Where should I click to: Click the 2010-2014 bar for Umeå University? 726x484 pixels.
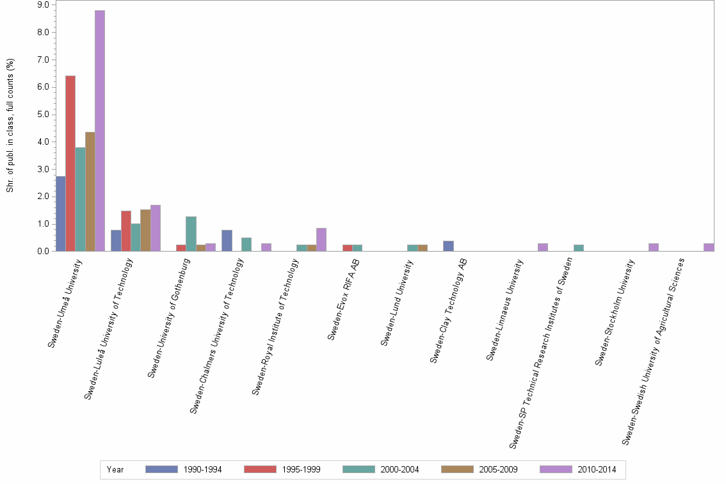click(x=100, y=131)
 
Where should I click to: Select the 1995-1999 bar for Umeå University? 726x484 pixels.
click(x=70, y=163)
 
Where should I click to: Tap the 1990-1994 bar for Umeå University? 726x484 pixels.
click(x=61, y=214)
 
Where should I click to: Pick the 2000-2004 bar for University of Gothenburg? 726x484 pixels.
click(x=191, y=234)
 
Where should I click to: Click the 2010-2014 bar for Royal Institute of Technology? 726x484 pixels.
click(x=321, y=239)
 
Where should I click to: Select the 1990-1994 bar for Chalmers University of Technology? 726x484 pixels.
click(x=227, y=241)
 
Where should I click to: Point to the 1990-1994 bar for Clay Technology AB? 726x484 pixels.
click(x=448, y=246)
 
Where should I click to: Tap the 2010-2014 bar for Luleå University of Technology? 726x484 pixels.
click(x=156, y=228)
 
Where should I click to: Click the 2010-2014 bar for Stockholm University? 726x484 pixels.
click(x=653, y=247)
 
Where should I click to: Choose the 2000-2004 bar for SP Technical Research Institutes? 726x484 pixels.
click(x=579, y=248)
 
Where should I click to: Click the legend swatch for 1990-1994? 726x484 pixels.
click(x=161, y=469)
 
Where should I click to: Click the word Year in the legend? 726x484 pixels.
click(x=115, y=470)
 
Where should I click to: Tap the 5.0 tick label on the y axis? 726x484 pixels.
click(x=44, y=115)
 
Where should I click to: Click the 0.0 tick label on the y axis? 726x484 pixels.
click(x=44, y=252)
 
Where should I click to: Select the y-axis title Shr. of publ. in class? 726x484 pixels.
click(x=10, y=125)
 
